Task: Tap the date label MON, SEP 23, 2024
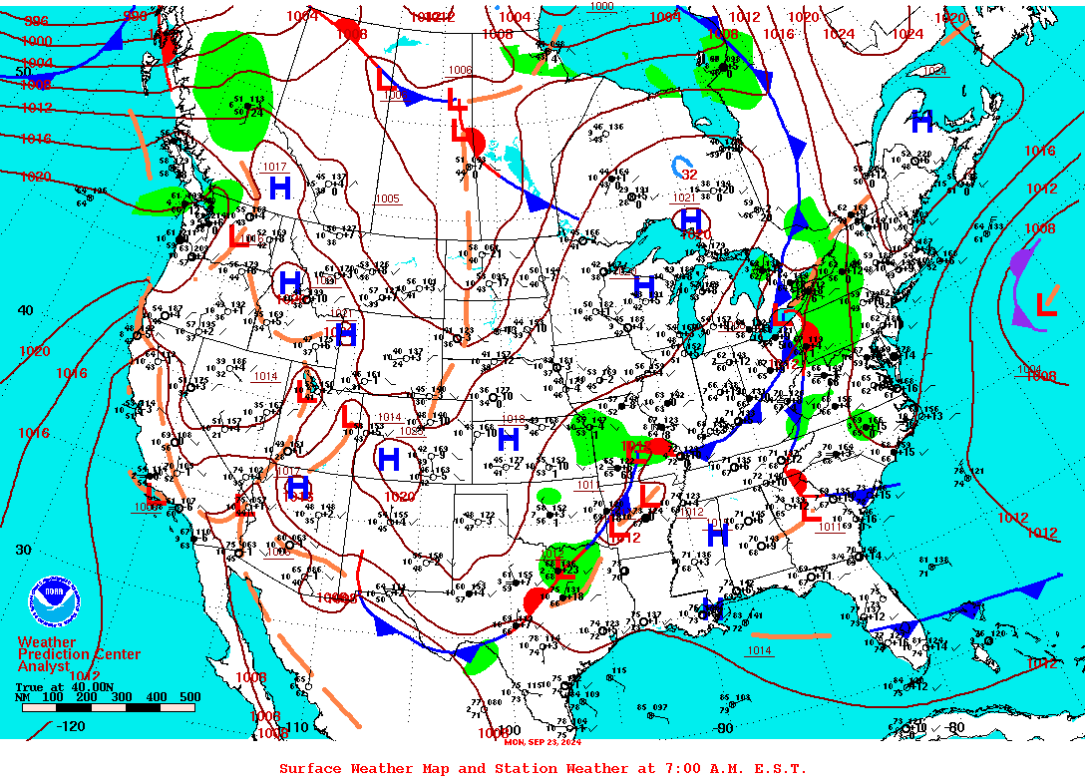point(542,741)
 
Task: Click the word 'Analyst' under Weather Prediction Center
point(44,666)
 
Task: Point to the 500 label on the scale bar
point(188,697)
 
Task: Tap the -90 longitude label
point(724,728)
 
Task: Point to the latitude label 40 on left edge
point(25,310)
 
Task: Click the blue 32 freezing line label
point(689,175)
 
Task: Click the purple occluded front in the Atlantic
point(1021,289)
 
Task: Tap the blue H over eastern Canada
point(922,122)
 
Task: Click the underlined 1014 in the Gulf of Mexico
point(759,651)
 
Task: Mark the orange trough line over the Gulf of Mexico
point(791,634)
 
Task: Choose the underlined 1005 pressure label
point(388,199)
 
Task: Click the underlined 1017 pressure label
point(274,167)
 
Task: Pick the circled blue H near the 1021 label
point(691,219)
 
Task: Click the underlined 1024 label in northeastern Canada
point(933,71)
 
